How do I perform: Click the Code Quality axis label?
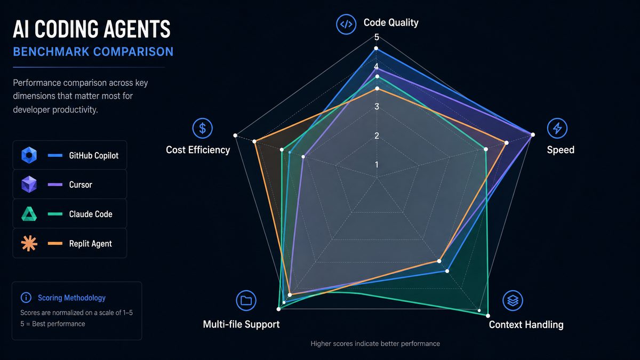pyautogui.click(x=391, y=22)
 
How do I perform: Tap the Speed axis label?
pyautogui.click(x=561, y=150)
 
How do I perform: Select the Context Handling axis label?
pyautogui.click(x=526, y=325)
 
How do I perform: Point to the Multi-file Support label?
pyautogui.click(x=241, y=324)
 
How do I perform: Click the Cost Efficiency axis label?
pyautogui.click(x=198, y=150)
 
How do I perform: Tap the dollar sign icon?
pyautogui.click(x=202, y=129)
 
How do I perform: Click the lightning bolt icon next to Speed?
pyautogui.click(x=557, y=128)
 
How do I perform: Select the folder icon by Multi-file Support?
pyautogui.click(x=246, y=301)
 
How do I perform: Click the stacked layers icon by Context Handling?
pyautogui.click(x=513, y=301)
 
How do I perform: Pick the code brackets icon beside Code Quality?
pyautogui.click(x=346, y=25)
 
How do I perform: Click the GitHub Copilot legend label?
pyautogui.click(x=94, y=155)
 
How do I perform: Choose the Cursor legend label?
pyautogui.click(x=81, y=185)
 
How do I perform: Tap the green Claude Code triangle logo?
pyautogui.click(x=29, y=214)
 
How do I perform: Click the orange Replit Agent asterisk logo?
pyautogui.click(x=29, y=243)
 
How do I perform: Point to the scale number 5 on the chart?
pyautogui.click(x=377, y=37)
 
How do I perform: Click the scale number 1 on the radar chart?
pyautogui.click(x=377, y=165)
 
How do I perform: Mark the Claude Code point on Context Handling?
pyautogui.click(x=487, y=316)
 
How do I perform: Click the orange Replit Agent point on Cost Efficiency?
pyautogui.click(x=254, y=141)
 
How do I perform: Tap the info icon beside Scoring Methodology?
pyautogui.click(x=26, y=298)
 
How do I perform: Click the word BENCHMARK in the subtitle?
pyautogui.click(x=51, y=52)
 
